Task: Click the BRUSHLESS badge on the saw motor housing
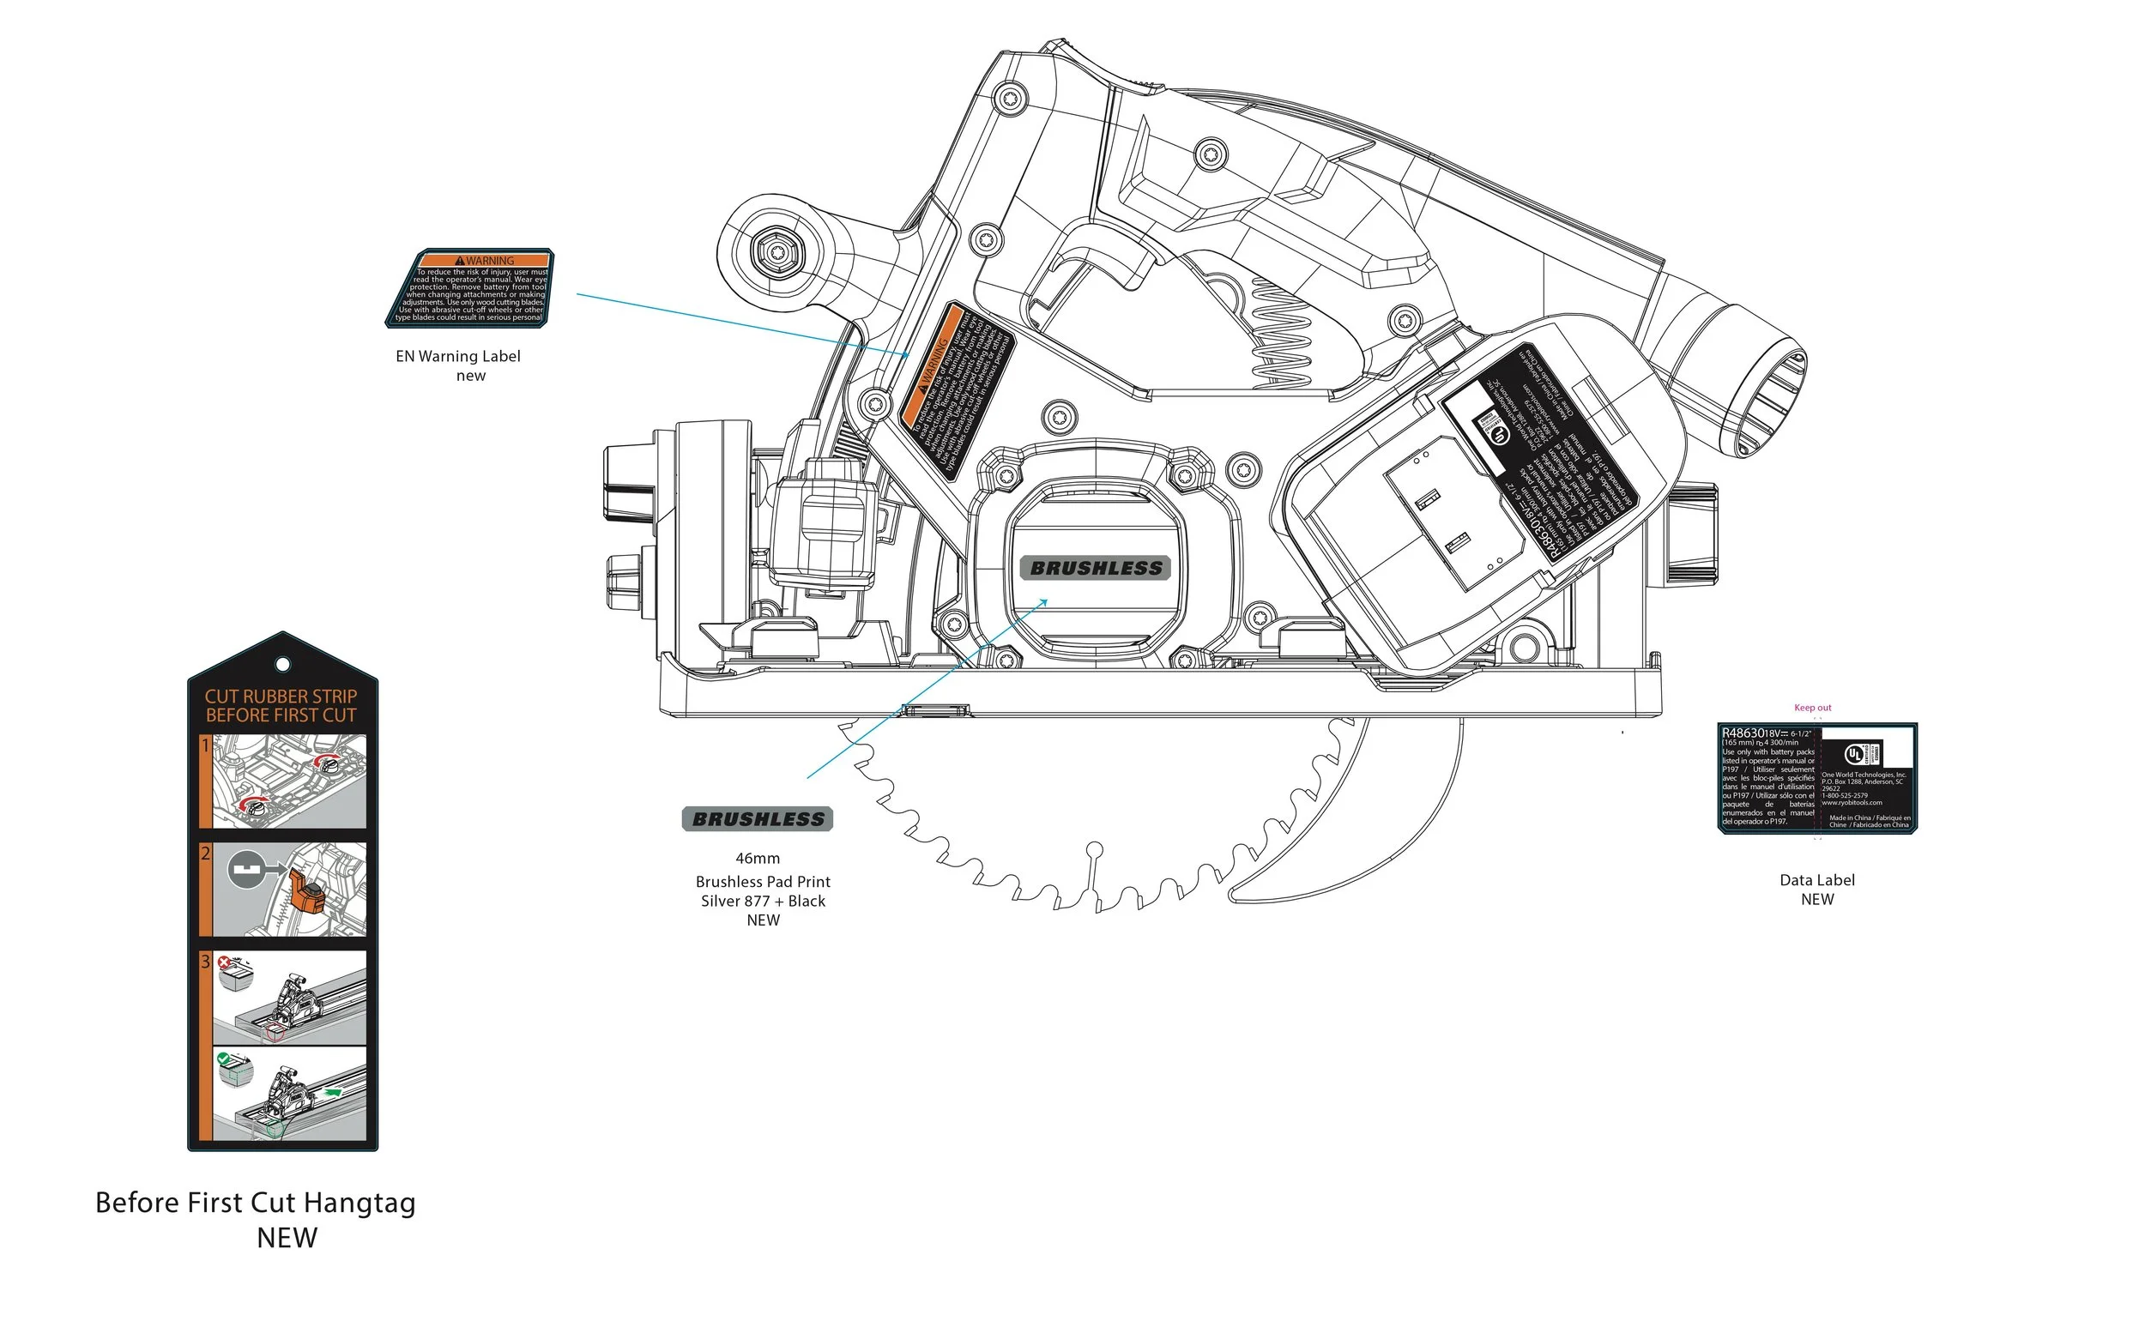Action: (1096, 568)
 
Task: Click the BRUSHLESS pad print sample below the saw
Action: (758, 819)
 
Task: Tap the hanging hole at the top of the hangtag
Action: (282, 665)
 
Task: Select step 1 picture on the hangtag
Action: (288, 781)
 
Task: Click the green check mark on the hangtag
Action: (224, 1058)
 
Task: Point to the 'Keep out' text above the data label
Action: (1812, 708)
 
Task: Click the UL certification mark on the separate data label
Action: (1855, 754)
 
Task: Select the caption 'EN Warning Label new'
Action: (459, 365)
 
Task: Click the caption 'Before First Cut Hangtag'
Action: (255, 1203)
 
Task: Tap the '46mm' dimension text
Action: (758, 858)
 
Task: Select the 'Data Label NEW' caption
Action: (1816, 890)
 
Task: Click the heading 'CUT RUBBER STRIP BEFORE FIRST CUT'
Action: (281, 706)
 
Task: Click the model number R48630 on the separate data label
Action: (1743, 733)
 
